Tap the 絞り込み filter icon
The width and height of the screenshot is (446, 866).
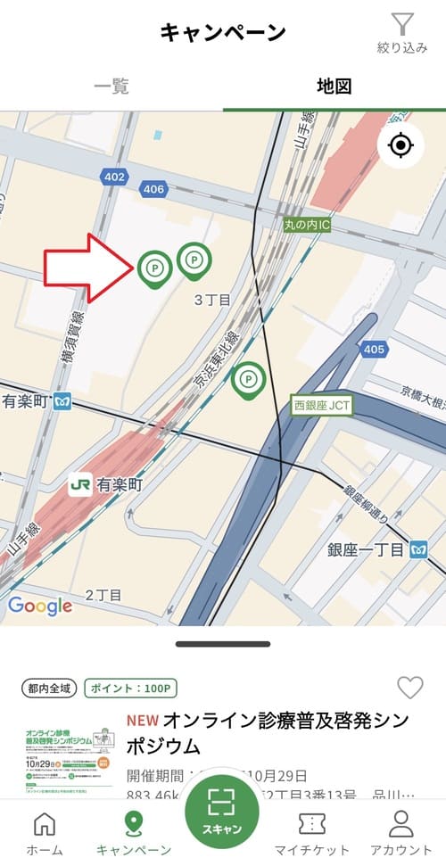(x=402, y=25)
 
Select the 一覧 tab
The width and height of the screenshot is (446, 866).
(x=111, y=87)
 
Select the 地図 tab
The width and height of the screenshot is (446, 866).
(x=334, y=87)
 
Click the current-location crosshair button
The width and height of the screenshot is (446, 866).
(x=401, y=145)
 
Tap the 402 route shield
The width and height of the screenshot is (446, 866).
(x=114, y=177)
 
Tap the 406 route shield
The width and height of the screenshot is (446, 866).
(x=153, y=189)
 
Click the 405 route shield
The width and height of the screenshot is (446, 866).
(x=374, y=350)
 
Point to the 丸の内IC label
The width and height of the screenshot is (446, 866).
(x=306, y=226)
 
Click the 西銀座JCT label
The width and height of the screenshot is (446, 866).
(x=323, y=405)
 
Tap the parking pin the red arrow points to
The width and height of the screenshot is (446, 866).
(x=153, y=267)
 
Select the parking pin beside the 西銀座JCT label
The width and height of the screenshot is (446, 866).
(x=249, y=379)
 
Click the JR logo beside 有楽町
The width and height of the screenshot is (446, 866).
(x=80, y=485)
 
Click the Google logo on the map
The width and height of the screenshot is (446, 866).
(x=40, y=606)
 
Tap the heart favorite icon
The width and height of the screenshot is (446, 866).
(x=409, y=688)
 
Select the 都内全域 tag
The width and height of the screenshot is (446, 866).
(x=49, y=689)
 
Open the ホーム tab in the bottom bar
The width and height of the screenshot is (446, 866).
(x=44, y=834)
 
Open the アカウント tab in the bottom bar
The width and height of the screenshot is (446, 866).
(x=401, y=834)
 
